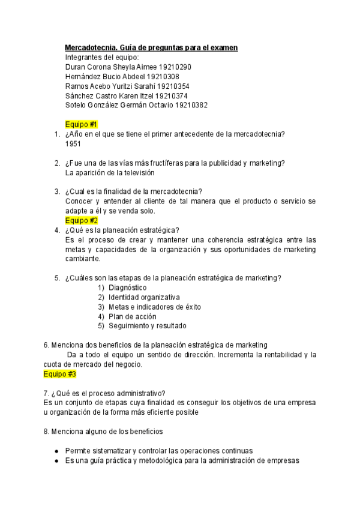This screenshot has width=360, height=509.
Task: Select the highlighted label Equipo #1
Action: (81, 124)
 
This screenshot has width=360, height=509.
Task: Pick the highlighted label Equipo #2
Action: (81, 220)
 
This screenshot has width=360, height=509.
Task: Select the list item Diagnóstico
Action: (127, 288)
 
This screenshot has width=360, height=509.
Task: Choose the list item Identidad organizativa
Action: (144, 297)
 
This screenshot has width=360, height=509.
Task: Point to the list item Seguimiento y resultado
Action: (147, 326)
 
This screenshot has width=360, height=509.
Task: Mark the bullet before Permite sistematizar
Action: (56, 451)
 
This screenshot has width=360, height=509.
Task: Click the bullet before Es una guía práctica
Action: (56, 461)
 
